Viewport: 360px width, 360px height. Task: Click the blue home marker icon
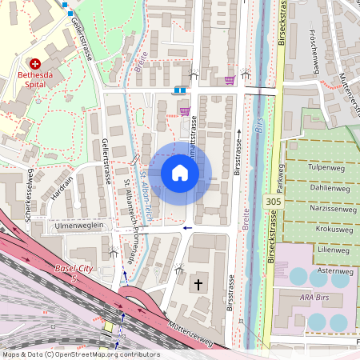point(180,173)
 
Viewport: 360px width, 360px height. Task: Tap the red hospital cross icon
point(34,63)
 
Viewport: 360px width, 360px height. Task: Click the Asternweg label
point(335,271)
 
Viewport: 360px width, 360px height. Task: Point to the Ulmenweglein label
point(81,226)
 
